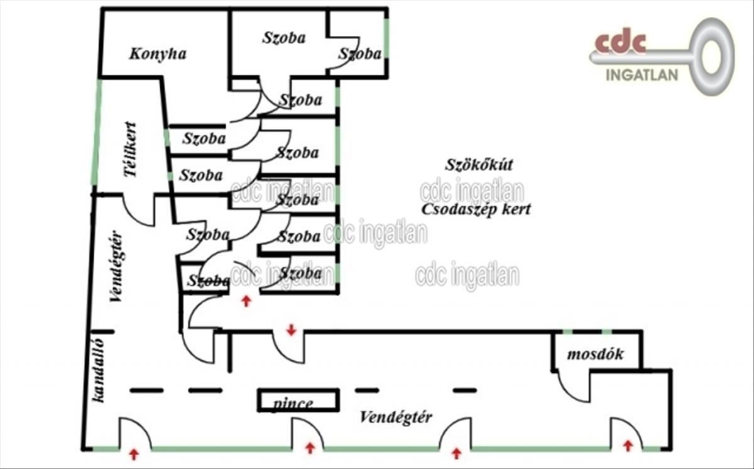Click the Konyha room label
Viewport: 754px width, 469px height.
tap(158, 54)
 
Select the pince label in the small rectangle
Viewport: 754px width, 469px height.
tap(293, 404)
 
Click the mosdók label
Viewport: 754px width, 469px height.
tap(595, 355)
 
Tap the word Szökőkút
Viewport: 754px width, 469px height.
tap(479, 165)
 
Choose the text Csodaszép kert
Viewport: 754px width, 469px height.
tap(476, 209)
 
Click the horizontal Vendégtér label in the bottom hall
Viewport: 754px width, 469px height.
tap(396, 417)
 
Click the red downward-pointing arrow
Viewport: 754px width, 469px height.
tap(291, 329)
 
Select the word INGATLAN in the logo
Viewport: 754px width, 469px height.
tap(642, 75)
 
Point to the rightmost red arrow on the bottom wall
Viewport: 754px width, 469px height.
tap(627, 446)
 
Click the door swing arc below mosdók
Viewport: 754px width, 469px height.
tap(571, 387)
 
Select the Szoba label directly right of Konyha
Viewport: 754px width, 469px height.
tap(284, 38)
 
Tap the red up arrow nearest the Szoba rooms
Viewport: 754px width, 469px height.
tap(246, 301)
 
